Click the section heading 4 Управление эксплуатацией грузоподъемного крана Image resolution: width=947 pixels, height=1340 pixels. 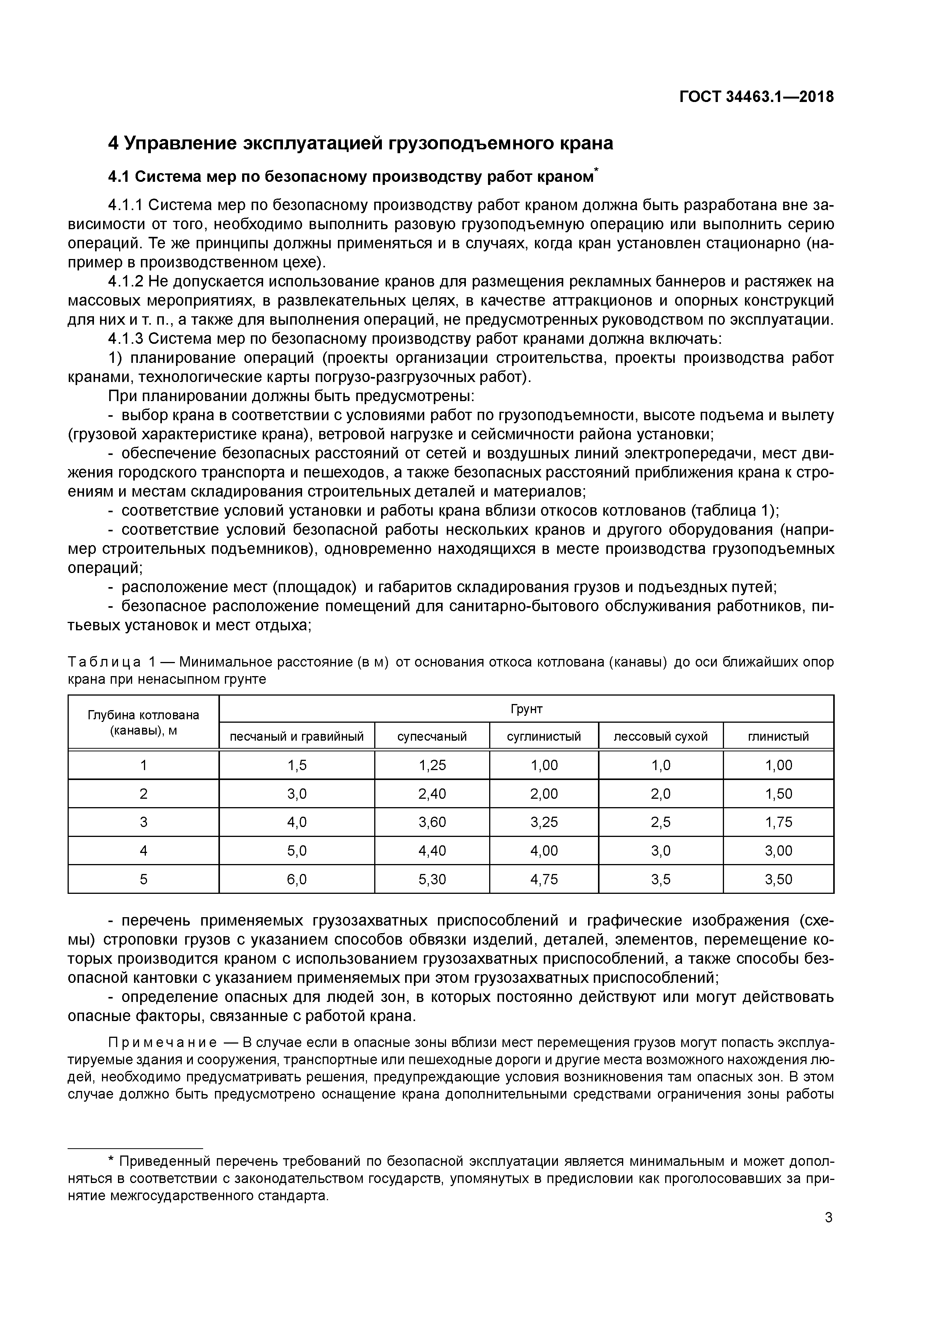point(360,143)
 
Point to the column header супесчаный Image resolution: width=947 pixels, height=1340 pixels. point(432,736)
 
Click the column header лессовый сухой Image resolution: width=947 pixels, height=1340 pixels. point(661,736)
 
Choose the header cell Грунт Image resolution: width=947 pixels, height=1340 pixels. point(526,709)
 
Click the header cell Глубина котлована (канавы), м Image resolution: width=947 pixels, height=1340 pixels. point(144,723)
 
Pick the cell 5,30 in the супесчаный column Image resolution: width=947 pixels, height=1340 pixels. point(432,880)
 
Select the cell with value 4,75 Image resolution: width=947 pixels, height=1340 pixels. point(544,880)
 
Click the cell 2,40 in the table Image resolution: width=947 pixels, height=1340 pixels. point(432,794)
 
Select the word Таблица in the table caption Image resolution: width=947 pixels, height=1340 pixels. point(105,662)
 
